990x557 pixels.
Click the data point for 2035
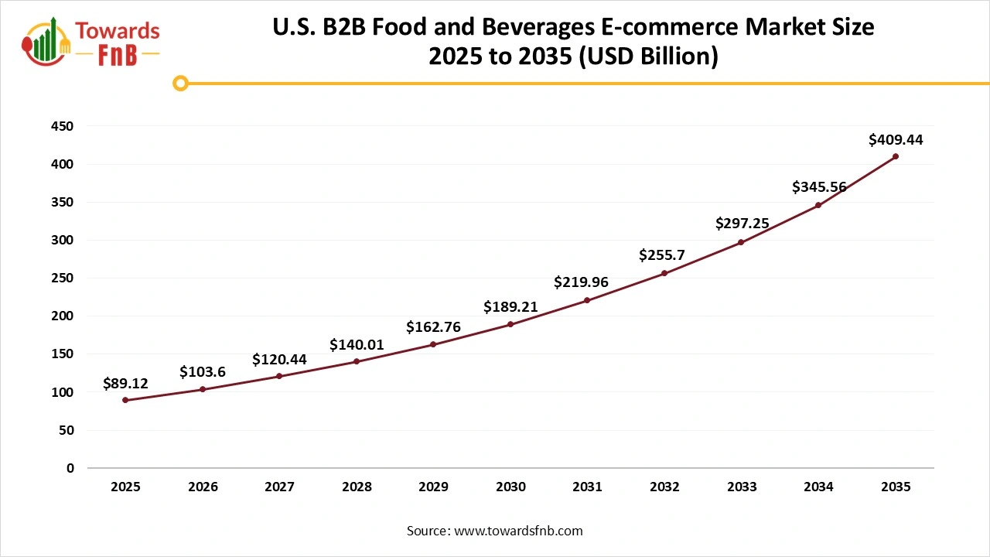click(x=896, y=156)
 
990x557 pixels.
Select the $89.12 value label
click(x=125, y=383)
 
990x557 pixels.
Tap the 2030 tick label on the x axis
click(x=510, y=487)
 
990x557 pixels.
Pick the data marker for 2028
click(x=357, y=361)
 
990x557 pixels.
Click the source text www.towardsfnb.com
click(x=517, y=531)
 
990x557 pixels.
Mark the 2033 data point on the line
click(x=741, y=242)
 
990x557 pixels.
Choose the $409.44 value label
click(x=896, y=140)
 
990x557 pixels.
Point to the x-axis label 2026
click(x=203, y=487)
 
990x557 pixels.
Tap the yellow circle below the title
click(x=180, y=83)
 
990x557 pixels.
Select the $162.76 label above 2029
click(x=433, y=327)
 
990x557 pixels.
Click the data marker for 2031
click(x=587, y=300)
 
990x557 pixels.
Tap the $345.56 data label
click(x=819, y=187)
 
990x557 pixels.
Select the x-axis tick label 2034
click(x=818, y=487)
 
